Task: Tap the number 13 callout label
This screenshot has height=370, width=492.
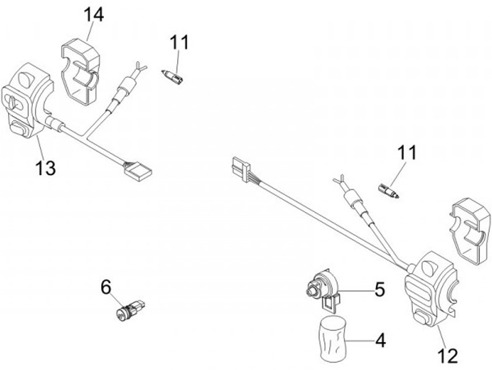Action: pos(46,168)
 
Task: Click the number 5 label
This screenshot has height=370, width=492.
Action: pos(380,289)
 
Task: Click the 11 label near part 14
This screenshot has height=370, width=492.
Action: pos(180,42)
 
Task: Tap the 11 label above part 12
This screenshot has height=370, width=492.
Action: pos(407,154)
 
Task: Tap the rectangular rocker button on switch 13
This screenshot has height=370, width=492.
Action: pos(20,126)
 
